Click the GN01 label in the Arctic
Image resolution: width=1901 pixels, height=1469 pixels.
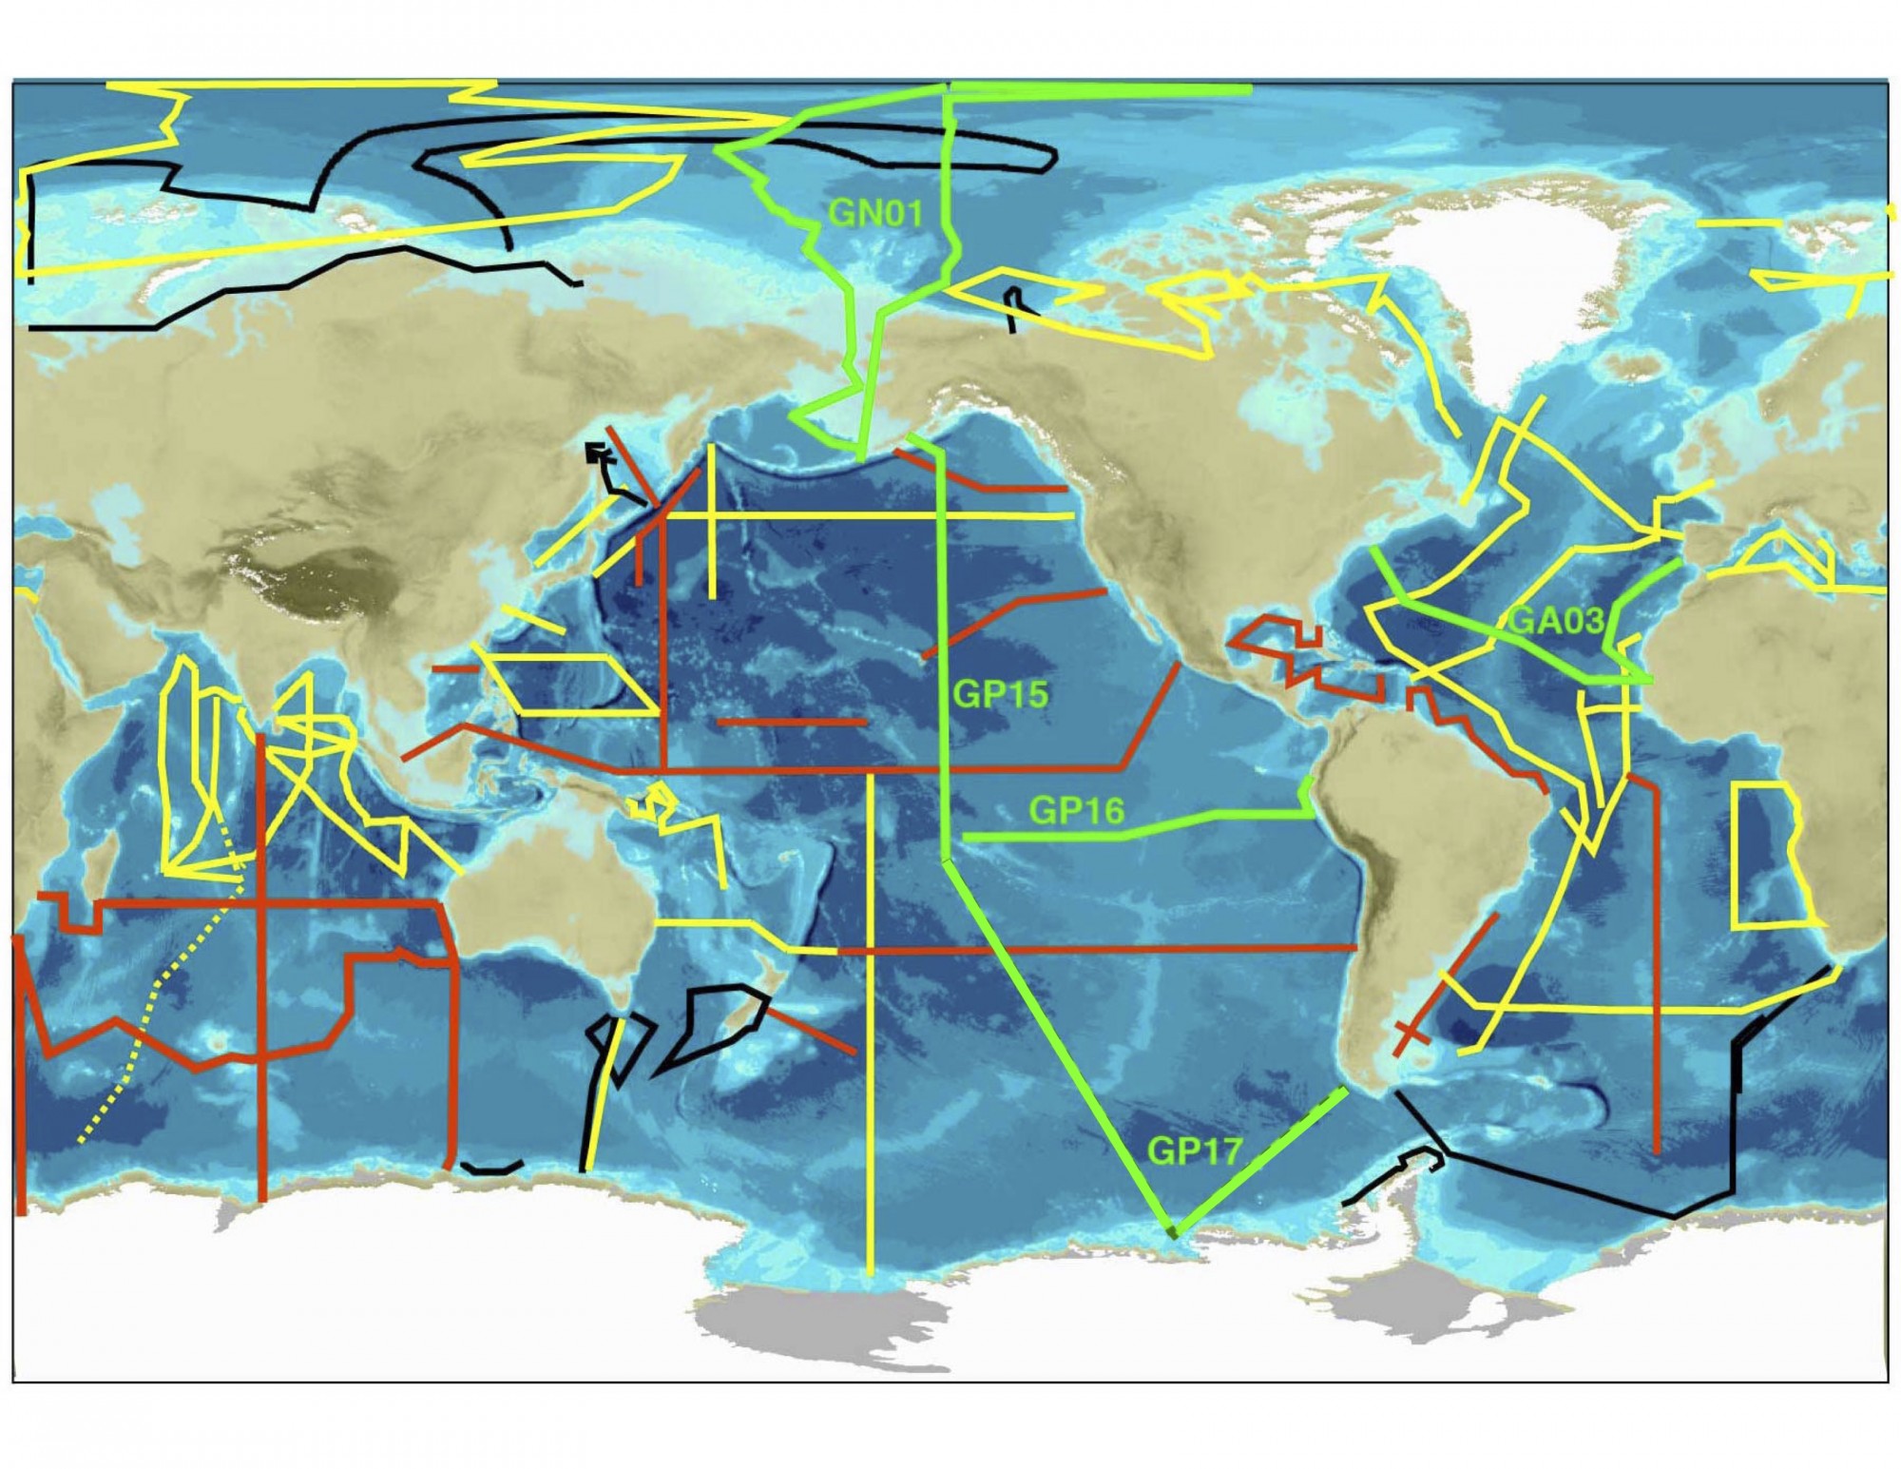875,212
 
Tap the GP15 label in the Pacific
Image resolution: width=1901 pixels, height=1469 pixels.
1000,694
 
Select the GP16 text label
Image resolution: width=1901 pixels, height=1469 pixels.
1076,811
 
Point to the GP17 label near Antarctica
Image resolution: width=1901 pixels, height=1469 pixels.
1194,1151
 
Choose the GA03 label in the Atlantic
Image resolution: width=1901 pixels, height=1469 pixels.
1556,621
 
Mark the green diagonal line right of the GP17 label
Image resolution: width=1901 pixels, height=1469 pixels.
1264,1155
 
